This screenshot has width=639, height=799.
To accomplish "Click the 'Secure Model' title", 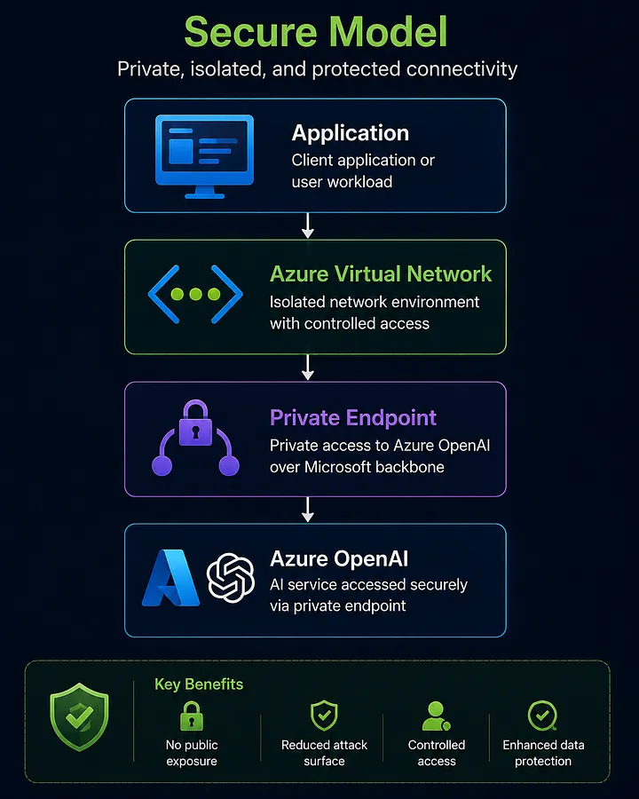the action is tap(315, 32).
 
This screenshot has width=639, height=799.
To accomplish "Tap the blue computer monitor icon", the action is tap(204, 156).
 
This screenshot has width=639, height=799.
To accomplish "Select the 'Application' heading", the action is tap(350, 133).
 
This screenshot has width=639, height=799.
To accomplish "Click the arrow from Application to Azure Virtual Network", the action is tap(307, 225).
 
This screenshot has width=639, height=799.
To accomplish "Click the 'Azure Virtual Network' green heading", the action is tap(381, 274).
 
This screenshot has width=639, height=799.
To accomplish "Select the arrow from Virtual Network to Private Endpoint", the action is tap(307, 368).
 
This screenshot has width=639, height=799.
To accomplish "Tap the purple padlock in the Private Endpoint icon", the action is tap(195, 423).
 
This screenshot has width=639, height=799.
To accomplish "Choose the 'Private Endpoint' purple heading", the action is tap(353, 418).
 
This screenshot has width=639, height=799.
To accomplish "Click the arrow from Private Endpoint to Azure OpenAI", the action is tap(307, 510).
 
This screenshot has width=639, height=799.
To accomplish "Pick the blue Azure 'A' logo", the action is tap(170, 578).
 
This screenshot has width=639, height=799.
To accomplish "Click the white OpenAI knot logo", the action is tap(231, 578).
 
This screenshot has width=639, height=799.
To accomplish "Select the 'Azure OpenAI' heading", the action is tap(339, 559).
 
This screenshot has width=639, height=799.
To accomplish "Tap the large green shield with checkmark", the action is tap(79, 717).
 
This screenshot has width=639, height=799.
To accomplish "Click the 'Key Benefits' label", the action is tap(199, 684).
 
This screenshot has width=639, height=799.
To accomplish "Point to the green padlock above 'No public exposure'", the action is tap(192, 716).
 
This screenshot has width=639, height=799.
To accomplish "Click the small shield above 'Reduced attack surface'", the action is tap(324, 716).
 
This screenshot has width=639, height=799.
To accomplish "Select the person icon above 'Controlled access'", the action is tap(436, 716).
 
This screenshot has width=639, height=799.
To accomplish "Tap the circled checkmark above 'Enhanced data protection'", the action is tap(542, 716).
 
